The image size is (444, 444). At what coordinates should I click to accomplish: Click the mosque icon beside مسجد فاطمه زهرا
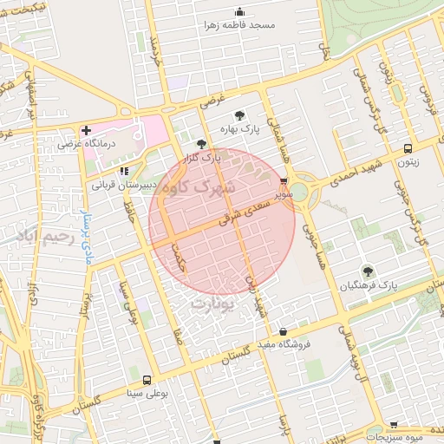(x=240, y=12)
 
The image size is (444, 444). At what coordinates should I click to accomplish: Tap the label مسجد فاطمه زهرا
(x=240, y=25)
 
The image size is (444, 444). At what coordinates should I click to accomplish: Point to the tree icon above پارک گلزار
(x=201, y=145)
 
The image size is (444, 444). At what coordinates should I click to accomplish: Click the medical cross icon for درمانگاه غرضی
(x=85, y=130)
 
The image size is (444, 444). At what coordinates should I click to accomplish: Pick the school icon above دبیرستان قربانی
(x=124, y=172)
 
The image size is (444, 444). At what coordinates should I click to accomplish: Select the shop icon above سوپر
(x=284, y=182)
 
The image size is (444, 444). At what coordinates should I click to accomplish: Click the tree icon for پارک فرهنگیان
(x=368, y=271)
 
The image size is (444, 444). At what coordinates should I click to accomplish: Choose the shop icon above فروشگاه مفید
(x=284, y=331)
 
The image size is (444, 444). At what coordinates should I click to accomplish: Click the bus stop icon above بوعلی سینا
(x=146, y=380)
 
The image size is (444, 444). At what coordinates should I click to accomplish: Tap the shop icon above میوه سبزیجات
(x=395, y=425)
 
